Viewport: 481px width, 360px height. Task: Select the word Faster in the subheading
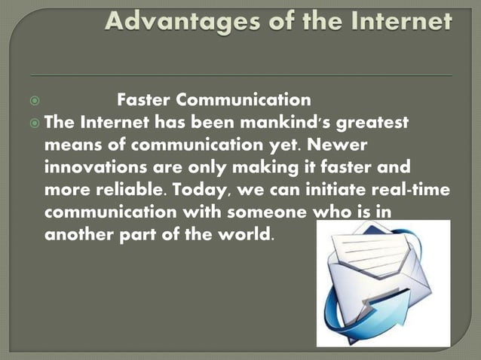[x=145, y=99]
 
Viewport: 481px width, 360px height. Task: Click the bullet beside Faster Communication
[x=35, y=100]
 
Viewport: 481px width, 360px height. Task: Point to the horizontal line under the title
[x=241, y=75]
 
